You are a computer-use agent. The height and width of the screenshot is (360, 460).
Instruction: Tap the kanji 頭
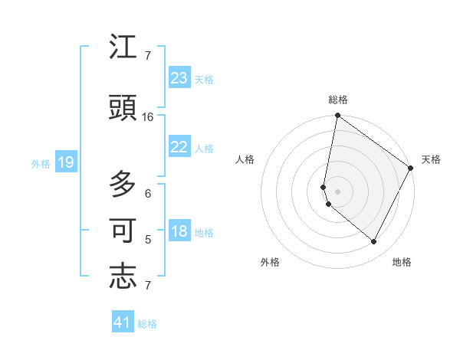click(123, 108)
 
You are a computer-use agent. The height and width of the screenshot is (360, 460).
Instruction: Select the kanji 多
click(123, 185)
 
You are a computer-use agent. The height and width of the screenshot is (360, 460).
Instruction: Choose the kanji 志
click(123, 277)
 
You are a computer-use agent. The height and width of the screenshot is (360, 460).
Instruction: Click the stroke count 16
click(148, 117)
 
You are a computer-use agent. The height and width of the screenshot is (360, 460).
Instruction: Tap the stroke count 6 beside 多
click(148, 194)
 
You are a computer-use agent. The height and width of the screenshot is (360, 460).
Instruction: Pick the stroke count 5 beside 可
click(148, 240)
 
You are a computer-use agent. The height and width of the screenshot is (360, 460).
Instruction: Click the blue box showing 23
click(179, 78)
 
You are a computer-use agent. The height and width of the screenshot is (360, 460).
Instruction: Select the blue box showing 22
click(179, 147)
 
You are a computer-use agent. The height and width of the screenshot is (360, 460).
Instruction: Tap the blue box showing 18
click(179, 231)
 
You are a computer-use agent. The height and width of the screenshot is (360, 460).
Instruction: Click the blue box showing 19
click(65, 162)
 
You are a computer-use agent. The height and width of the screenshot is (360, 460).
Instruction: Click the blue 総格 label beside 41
click(147, 324)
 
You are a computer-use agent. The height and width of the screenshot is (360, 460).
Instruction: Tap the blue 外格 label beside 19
click(41, 163)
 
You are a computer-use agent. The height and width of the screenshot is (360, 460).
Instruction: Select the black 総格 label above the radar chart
click(337, 100)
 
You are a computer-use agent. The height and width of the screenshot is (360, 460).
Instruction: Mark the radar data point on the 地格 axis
click(373, 242)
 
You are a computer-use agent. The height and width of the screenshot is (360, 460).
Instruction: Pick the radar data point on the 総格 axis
click(337, 116)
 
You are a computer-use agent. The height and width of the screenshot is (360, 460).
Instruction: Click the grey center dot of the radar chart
click(337, 191)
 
